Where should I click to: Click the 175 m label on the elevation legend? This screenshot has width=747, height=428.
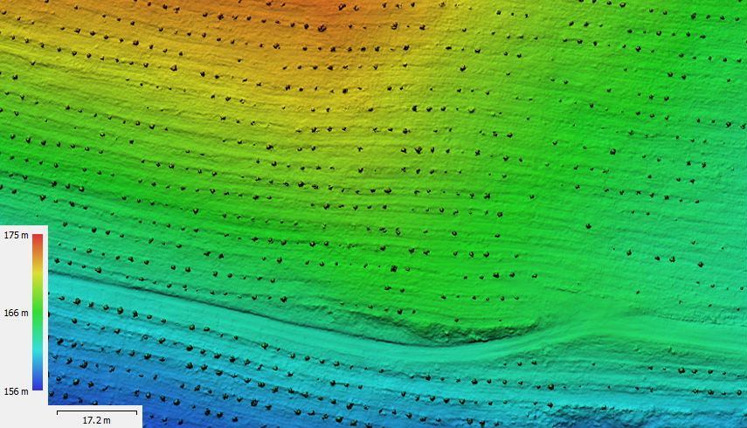click(17, 235)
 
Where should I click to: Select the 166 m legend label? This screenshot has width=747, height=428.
click(17, 312)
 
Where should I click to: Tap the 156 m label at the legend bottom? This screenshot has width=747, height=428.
click(17, 391)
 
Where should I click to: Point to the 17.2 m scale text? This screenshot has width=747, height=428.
click(96, 420)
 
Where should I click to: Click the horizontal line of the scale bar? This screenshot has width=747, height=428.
click(96, 411)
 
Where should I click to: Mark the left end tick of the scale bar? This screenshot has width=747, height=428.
click(57, 410)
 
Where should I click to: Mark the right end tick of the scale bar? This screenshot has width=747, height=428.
click(137, 410)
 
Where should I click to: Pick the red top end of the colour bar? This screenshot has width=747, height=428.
click(38, 237)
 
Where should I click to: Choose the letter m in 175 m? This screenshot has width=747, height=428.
click(24, 235)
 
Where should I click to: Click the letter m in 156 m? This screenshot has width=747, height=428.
click(24, 391)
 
